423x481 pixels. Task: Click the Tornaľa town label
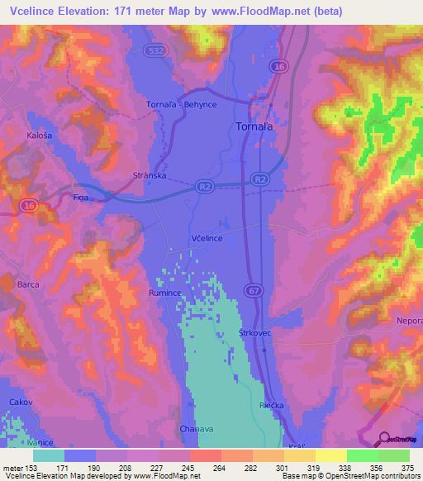(250, 127)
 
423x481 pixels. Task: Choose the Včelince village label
(207, 237)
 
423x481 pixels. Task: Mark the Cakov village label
(20, 402)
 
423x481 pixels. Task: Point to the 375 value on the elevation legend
(406, 468)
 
